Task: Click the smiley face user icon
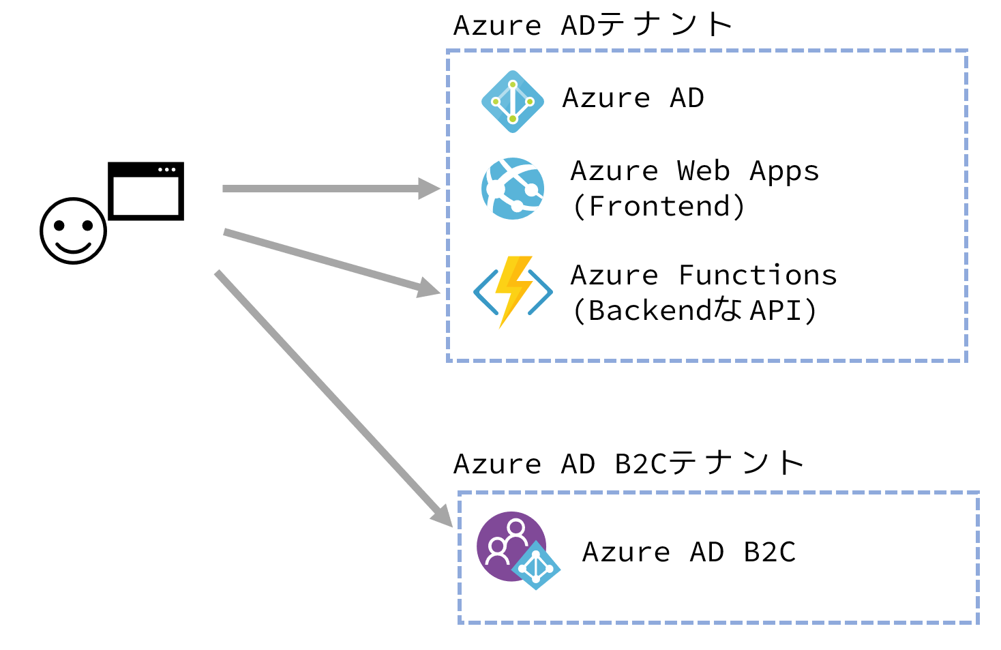[73, 231]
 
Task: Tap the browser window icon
[146, 191]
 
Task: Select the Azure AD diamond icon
[513, 102]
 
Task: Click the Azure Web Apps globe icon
[513, 188]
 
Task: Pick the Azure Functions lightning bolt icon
[513, 291]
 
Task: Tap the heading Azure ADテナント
[593, 25]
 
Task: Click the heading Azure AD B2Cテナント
[628, 464]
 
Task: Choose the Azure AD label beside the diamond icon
[633, 98]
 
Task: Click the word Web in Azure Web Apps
[703, 171]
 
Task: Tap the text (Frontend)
[659, 207]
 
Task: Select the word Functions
[758, 275]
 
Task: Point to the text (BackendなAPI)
[694, 311]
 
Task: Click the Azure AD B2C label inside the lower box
[689, 552]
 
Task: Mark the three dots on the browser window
[167, 169]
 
